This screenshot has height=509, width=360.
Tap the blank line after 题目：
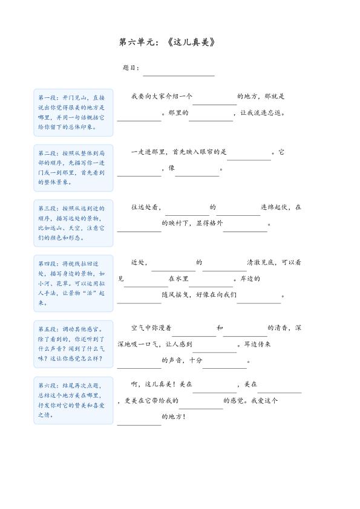point(178,71)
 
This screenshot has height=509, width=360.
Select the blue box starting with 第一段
point(73,112)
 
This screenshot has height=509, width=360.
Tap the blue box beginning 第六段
point(73,400)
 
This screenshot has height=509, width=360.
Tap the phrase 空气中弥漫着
point(152,328)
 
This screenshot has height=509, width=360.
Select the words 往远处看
point(145,207)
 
